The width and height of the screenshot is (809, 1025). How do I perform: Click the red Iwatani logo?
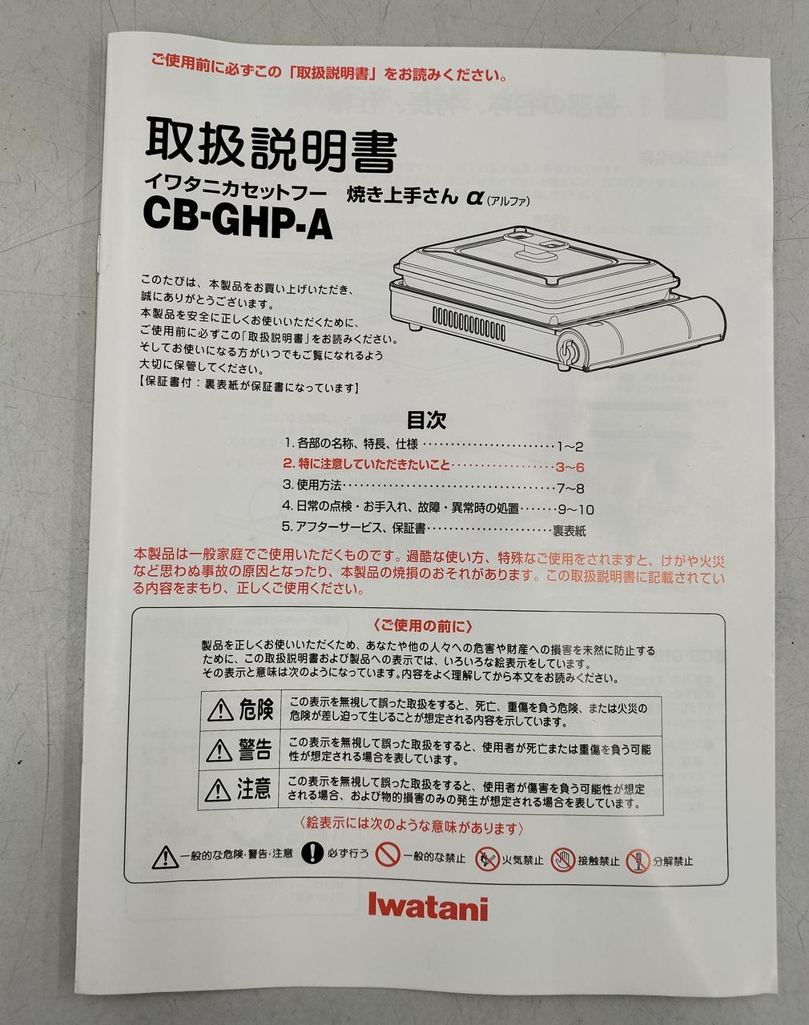(x=428, y=908)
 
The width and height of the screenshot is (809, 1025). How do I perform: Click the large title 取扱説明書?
(x=271, y=143)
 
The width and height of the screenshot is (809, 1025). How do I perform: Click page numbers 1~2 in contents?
(x=570, y=447)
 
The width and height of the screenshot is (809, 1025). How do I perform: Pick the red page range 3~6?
(x=570, y=467)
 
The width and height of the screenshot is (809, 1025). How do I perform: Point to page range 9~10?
(x=577, y=509)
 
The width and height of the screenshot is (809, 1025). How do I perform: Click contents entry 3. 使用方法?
(x=312, y=485)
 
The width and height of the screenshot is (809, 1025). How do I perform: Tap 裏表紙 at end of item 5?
(x=569, y=530)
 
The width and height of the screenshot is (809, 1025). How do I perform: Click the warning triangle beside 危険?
(x=220, y=711)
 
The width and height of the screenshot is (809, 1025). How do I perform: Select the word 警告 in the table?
(x=256, y=750)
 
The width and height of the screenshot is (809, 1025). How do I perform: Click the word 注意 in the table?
(x=254, y=789)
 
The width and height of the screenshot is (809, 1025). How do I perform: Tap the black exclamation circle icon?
(x=312, y=852)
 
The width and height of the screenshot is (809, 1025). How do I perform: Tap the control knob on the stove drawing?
(x=569, y=351)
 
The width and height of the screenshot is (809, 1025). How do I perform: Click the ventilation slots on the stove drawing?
(x=469, y=323)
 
